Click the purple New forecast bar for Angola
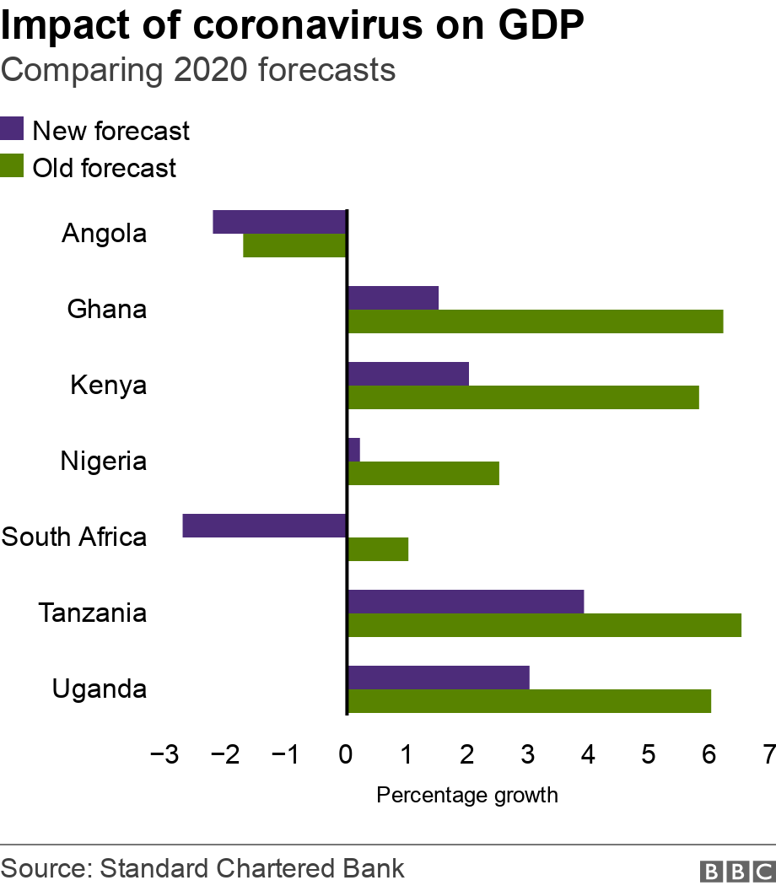point(279,222)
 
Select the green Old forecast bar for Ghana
point(535,321)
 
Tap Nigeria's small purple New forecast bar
point(353,450)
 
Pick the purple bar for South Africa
point(264,526)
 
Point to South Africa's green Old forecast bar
point(378,549)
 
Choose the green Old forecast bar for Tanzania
point(544,625)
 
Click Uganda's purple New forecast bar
point(438,678)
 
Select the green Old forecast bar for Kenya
point(523,397)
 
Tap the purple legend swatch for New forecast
point(12,130)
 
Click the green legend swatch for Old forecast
point(12,166)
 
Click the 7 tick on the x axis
point(768,754)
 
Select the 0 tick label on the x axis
point(346,754)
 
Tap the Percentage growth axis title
point(466,795)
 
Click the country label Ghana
point(106,309)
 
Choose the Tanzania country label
point(93,613)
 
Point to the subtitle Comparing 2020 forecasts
point(198,70)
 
